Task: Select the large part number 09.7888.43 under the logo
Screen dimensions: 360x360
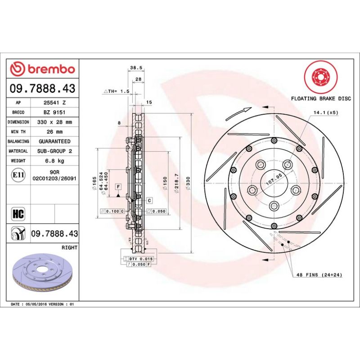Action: click(x=42, y=89)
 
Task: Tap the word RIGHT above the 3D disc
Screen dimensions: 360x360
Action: click(x=69, y=247)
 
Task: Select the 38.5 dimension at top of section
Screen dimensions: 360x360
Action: click(x=136, y=68)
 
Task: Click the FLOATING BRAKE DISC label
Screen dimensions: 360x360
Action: click(x=320, y=98)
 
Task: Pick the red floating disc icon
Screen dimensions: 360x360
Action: click(x=319, y=77)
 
